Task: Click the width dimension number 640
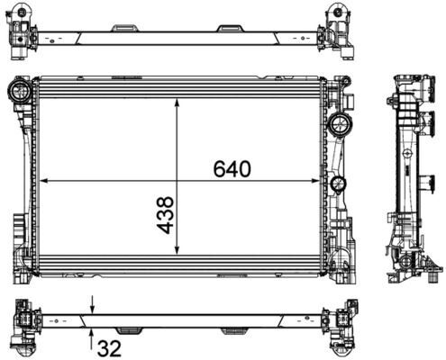231,168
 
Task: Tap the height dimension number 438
165,215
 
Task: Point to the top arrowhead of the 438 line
177,102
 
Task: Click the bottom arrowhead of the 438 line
177,251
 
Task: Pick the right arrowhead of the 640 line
320,180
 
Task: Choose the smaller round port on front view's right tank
338,184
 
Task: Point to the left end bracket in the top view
23,30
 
